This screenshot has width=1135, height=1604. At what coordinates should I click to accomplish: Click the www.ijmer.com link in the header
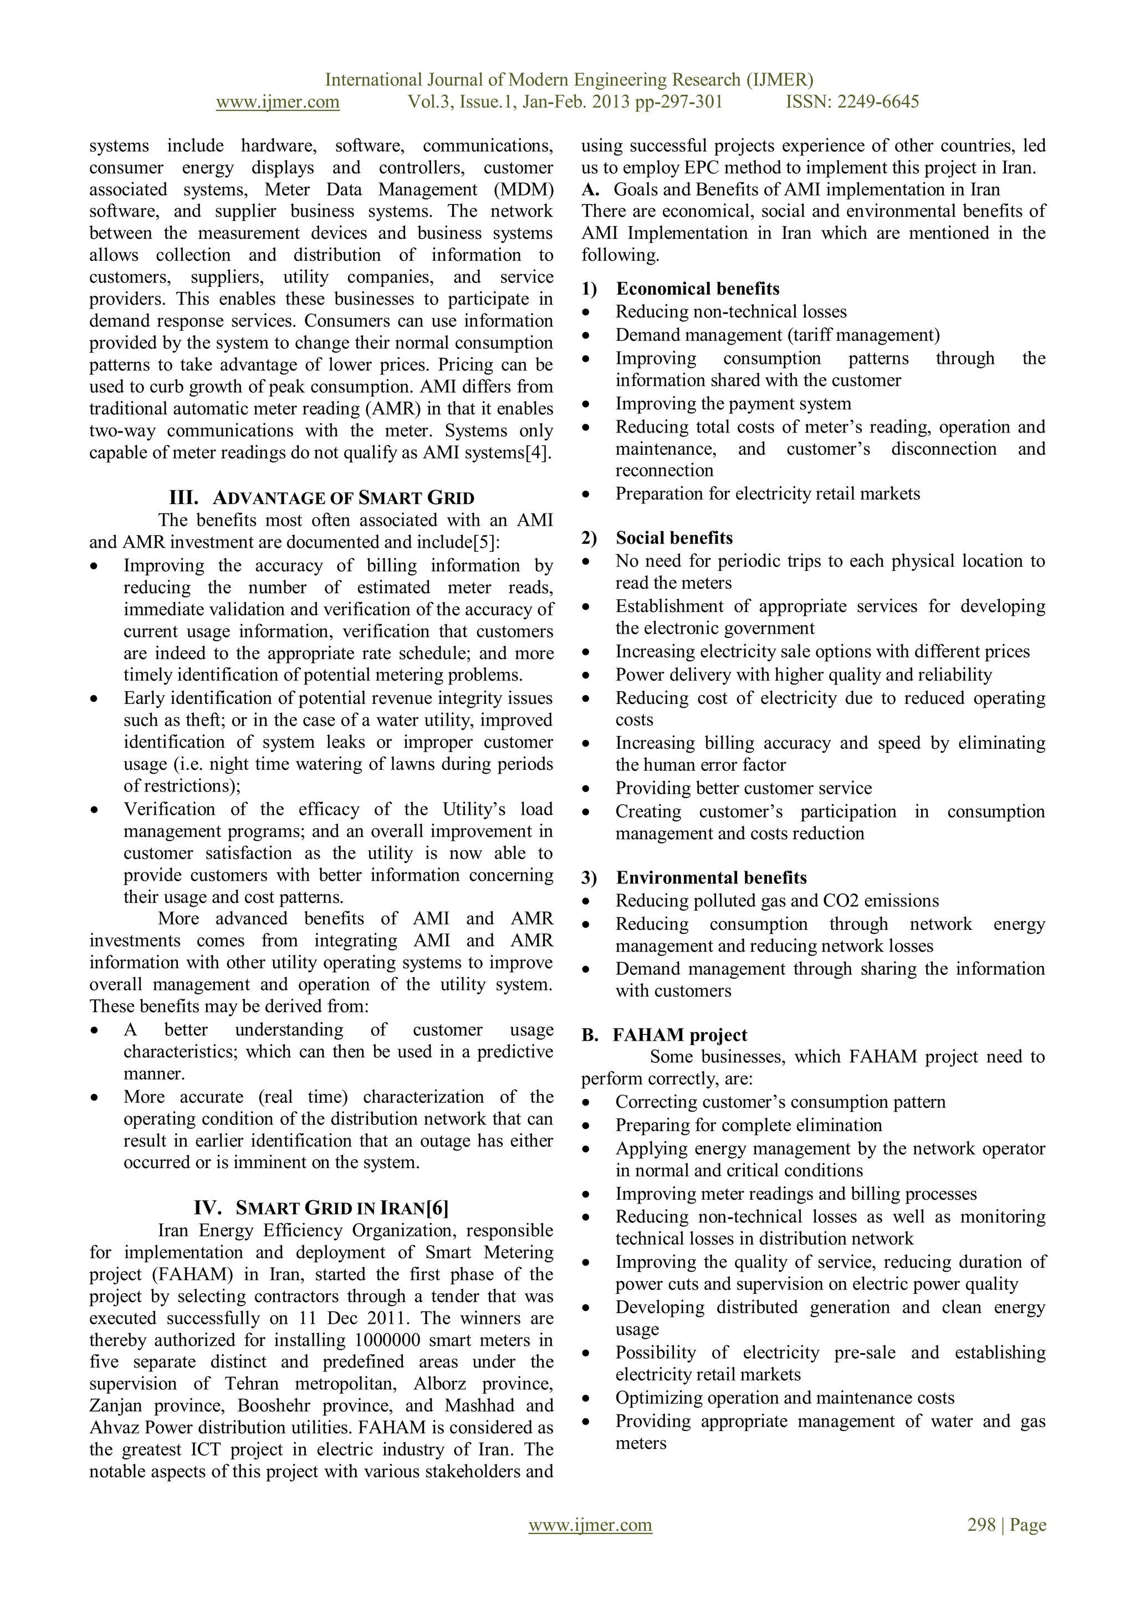(x=278, y=102)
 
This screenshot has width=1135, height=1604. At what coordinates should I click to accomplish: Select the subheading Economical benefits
(x=697, y=289)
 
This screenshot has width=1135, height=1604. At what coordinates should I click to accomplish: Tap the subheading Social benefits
(x=674, y=538)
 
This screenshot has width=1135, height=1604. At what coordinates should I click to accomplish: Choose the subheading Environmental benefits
(x=711, y=877)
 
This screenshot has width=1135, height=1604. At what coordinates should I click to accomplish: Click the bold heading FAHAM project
(x=679, y=1035)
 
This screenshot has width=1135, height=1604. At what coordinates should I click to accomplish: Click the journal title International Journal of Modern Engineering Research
(x=569, y=80)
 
